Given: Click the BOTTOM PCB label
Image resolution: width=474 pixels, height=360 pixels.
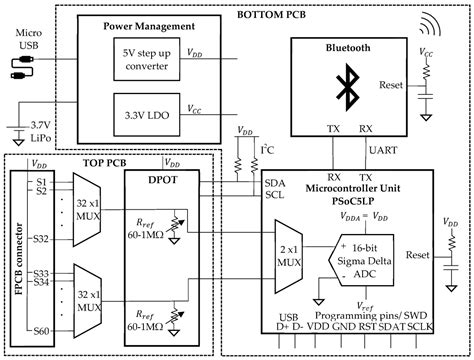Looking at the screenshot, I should pyautogui.click(x=273, y=14).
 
